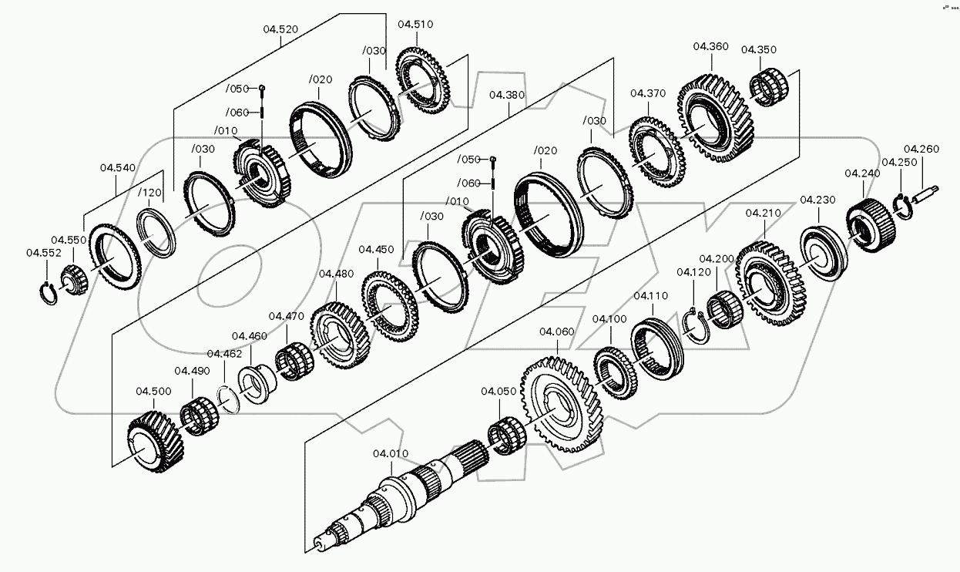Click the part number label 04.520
coord(280,29)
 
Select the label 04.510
coord(415,24)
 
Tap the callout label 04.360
coord(710,46)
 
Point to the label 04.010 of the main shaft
coord(391,453)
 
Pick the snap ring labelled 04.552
coord(49,293)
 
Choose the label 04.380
coord(506,96)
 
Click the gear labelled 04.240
coord(871,220)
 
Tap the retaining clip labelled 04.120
coord(697,323)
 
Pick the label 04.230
coord(817,200)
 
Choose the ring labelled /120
coord(157,231)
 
